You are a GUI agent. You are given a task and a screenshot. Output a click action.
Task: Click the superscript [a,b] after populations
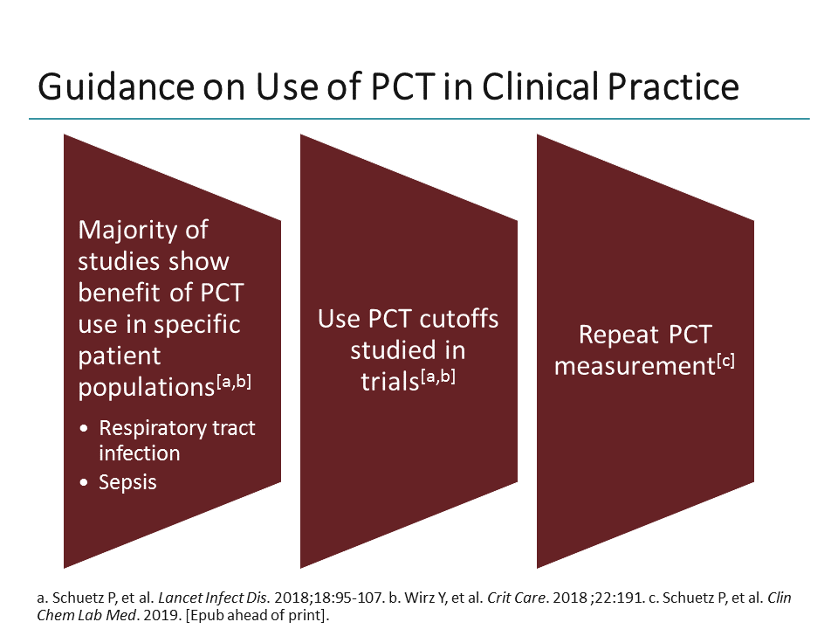(238, 379)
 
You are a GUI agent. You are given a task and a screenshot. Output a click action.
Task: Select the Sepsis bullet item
(127, 482)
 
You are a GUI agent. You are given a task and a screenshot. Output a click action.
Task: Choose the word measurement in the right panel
(635, 366)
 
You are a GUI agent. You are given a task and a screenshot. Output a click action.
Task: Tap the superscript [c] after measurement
(725, 358)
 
